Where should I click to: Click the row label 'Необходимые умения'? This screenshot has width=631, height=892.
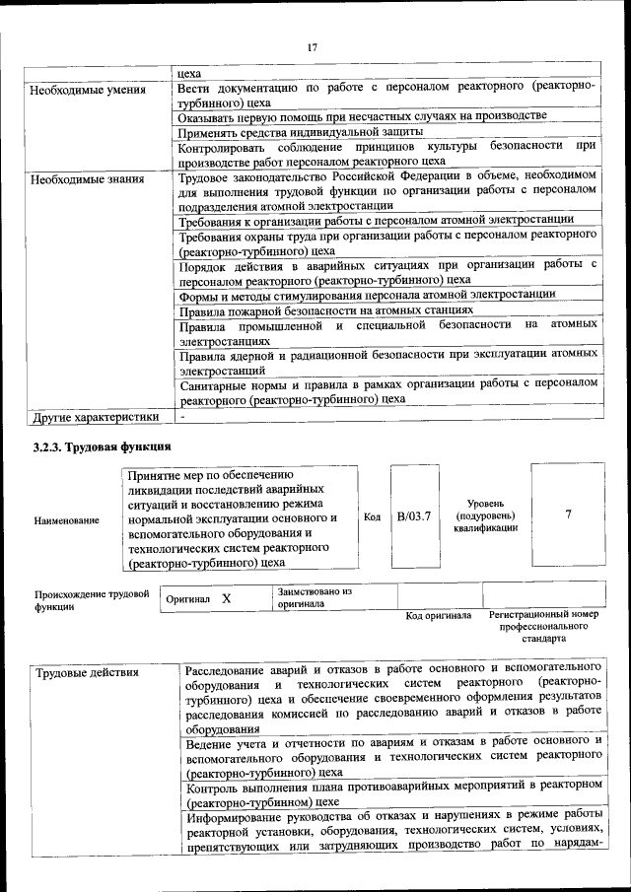(x=88, y=90)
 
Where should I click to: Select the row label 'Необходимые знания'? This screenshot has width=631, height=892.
(x=88, y=179)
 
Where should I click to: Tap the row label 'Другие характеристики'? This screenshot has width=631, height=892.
(x=96, y=417)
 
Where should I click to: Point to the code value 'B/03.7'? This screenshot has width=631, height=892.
(x=414, y=516)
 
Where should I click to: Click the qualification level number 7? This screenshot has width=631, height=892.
(x=568, y=515)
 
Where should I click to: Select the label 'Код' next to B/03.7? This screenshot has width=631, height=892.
(x=372, y=517)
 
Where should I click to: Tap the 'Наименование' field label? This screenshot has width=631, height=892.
(x=66, y=519)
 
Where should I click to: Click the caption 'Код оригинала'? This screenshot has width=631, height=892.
(x=439, y=617)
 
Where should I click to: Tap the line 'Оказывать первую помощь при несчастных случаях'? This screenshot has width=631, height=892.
(x=362, y=116)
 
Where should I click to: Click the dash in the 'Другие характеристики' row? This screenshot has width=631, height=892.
(x=182, y=417)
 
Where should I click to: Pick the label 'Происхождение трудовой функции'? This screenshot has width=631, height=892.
(x=92, y=600)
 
